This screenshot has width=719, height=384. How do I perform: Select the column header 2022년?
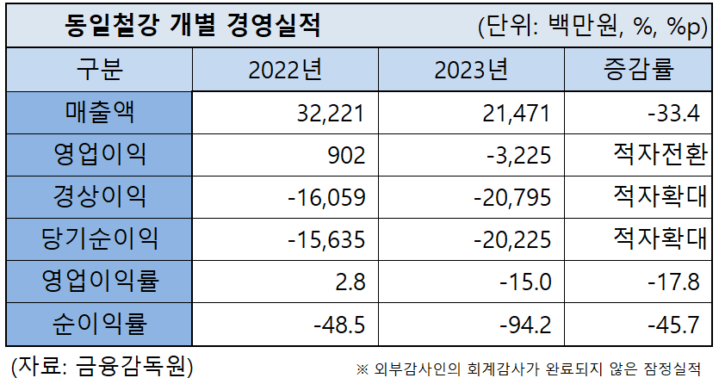pos(289,70)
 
